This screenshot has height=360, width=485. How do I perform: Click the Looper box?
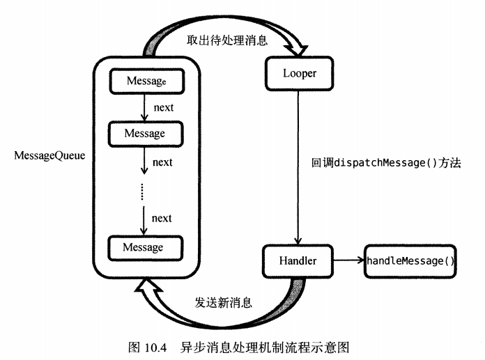299,73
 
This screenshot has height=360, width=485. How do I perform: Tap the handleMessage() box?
410,261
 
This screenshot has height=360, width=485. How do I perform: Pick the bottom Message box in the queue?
144,247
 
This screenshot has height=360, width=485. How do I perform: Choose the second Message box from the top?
144,133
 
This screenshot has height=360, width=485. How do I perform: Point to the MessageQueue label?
49,156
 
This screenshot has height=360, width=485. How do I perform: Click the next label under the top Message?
163,108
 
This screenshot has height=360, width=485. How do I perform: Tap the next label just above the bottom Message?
162,218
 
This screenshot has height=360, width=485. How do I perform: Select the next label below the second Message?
162,162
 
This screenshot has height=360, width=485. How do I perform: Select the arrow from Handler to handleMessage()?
347,261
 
